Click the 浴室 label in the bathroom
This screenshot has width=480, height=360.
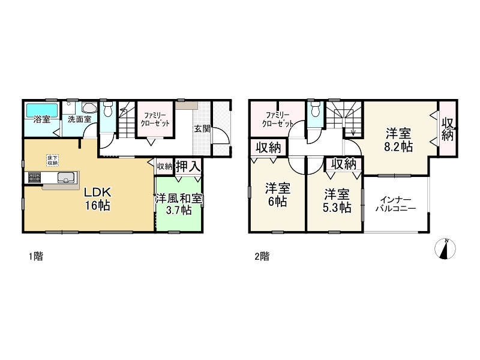[41, 119]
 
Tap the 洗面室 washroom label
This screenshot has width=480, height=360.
[79, 119]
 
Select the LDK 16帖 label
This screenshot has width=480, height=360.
[96, 199]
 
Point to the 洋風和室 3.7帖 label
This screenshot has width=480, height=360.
[179, 204]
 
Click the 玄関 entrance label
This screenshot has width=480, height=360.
[202, 128]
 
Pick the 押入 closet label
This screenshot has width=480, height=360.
[188, 167]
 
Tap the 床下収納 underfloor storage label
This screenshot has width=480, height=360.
[53, 160]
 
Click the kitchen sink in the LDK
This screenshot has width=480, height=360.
[66, 177]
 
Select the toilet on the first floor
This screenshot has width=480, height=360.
[107, 110]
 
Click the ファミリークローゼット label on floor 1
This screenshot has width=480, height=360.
[155, 118]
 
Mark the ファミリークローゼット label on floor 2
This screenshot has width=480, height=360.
[277, 118]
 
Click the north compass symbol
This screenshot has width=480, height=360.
[445, 249]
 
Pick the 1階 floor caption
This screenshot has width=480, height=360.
[35, 256]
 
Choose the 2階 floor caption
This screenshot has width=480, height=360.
[262, 256]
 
